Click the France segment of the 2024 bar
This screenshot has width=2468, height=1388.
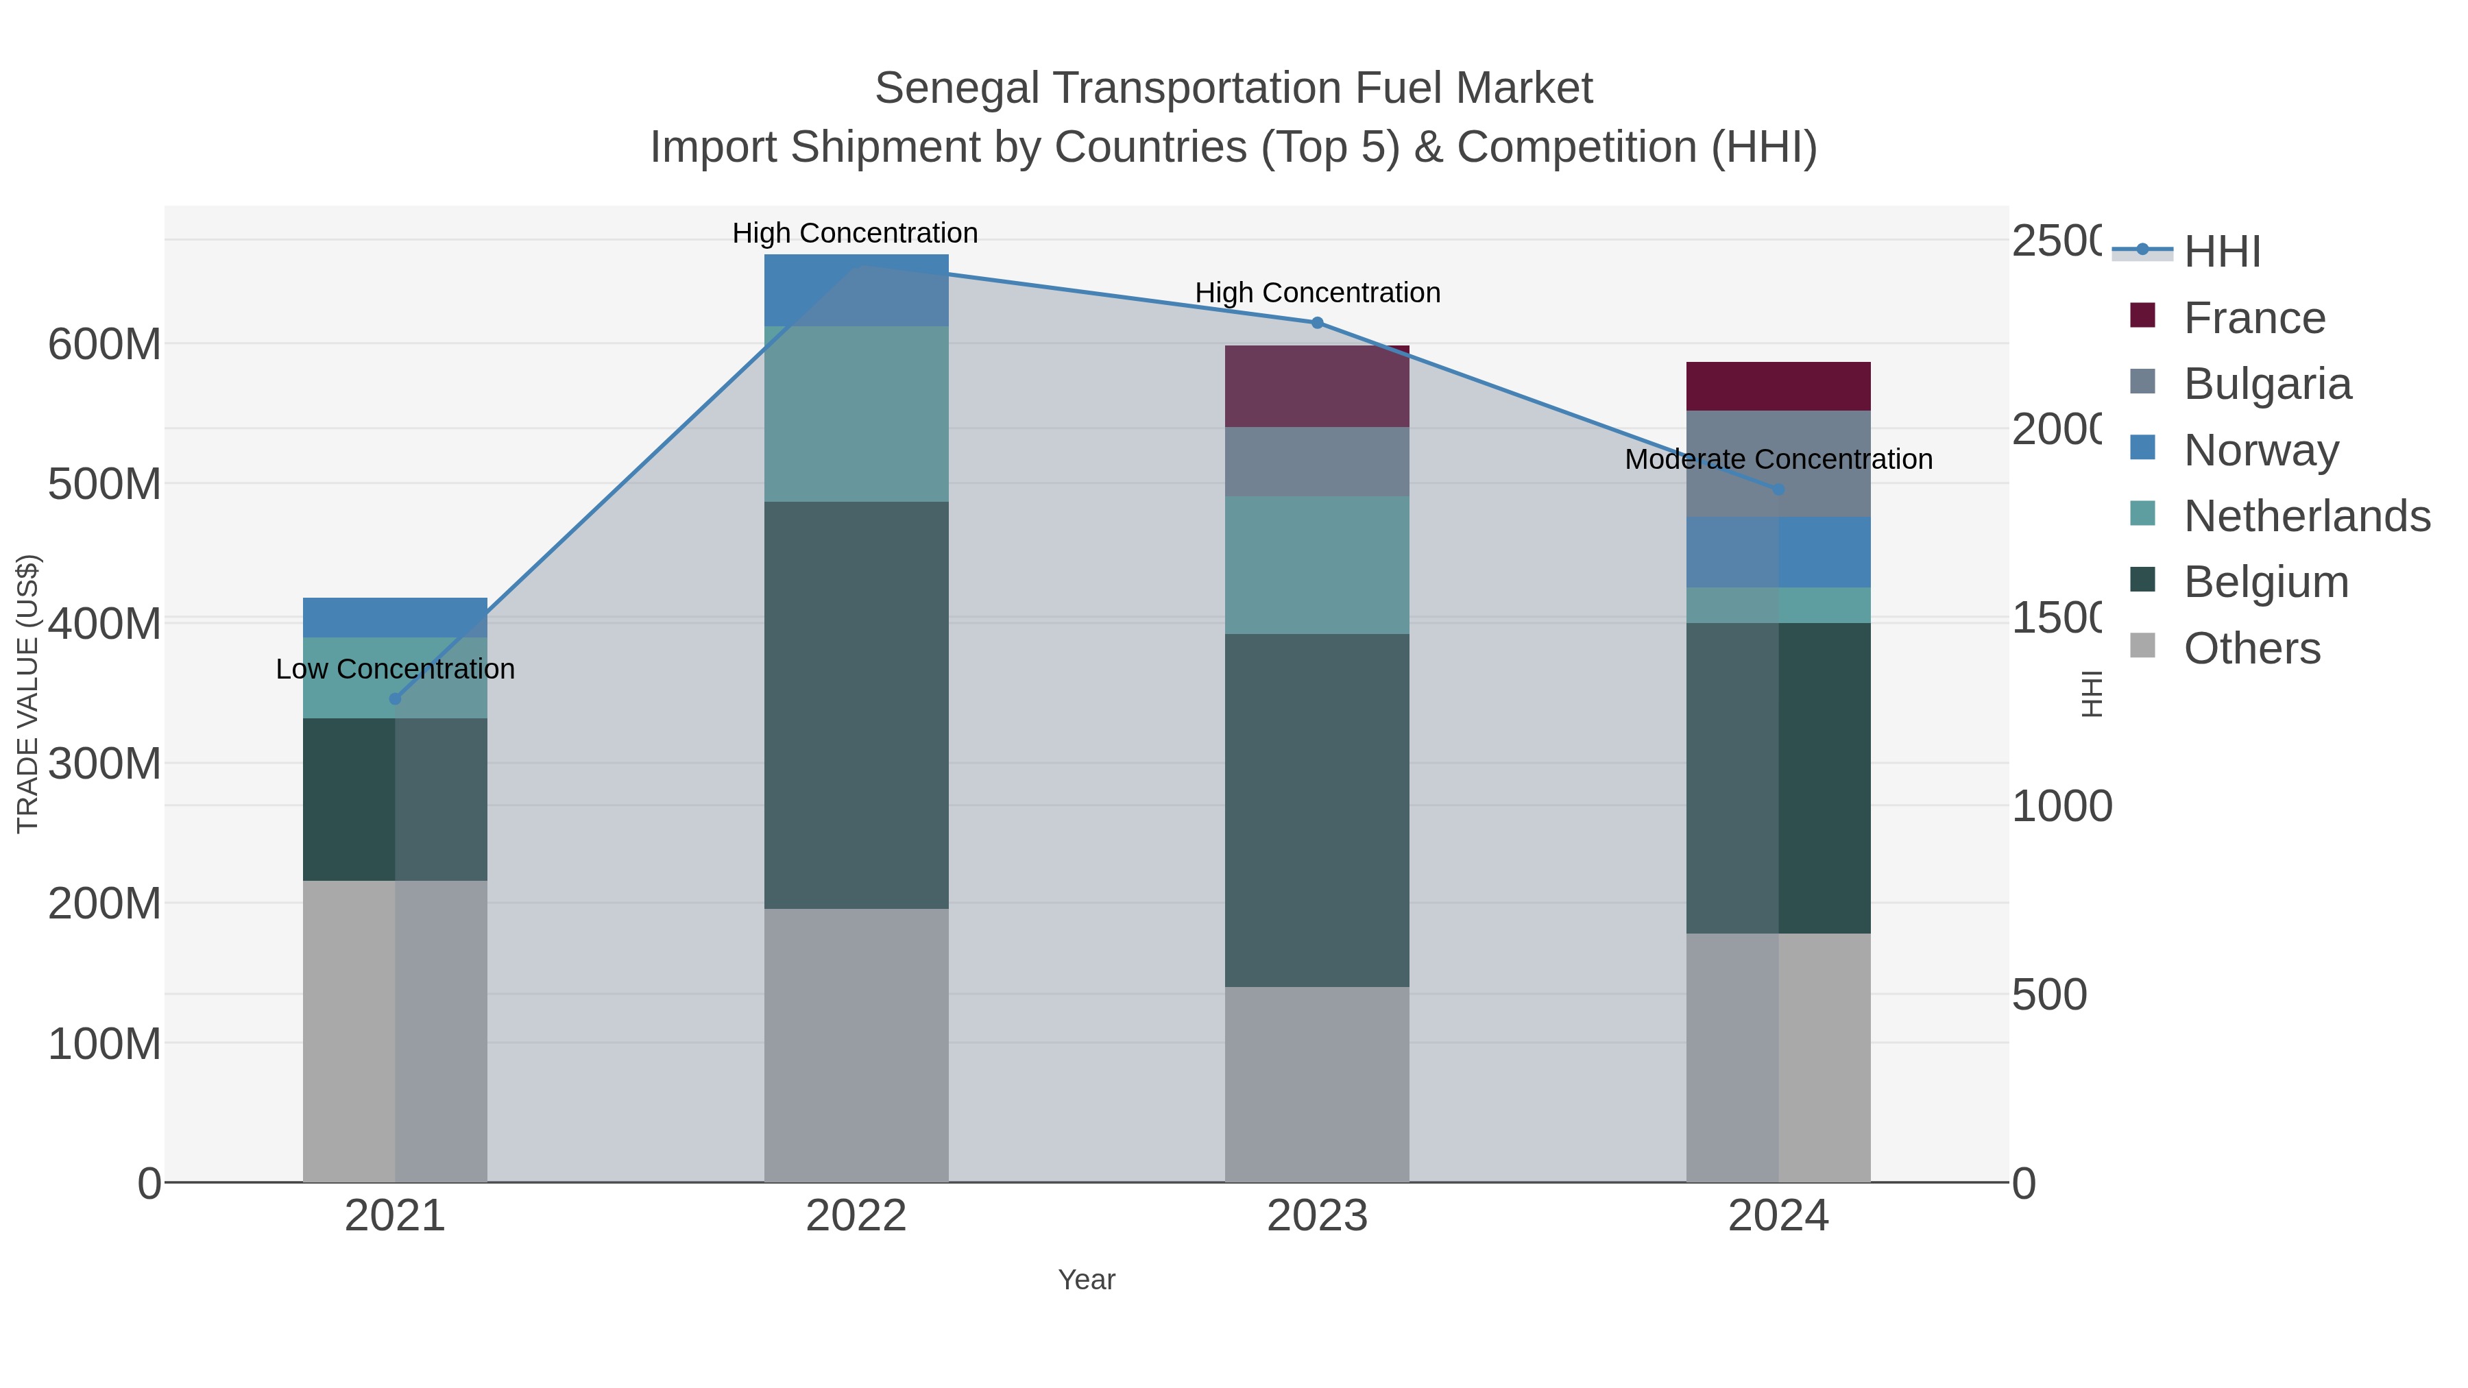[1778, 386]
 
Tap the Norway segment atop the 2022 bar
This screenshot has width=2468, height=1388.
[856, 290]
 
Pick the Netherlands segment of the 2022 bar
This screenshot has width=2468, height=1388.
[856, 414]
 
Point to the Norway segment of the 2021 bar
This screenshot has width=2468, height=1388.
[395, 617]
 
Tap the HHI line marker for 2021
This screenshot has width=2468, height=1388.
[395, 698]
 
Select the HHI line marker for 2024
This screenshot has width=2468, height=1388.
[1778, 489]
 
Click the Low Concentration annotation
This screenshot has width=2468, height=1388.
[395, 668]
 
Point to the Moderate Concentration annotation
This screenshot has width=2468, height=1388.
[1778, 460]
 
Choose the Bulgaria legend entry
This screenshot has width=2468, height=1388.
[2267, 384]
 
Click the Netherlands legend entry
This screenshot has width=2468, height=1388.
[2306, 516]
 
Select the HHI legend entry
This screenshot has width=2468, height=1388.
[2222, 252]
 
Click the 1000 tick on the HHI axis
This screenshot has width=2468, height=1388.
[2061, 807]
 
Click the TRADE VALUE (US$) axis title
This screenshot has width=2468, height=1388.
[28, 692]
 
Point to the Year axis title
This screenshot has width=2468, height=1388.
[1087, 1280]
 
